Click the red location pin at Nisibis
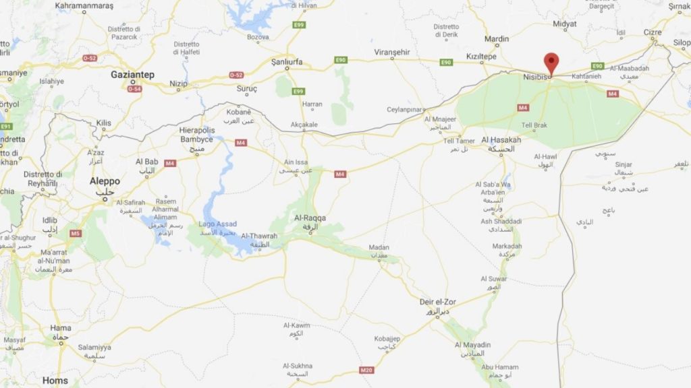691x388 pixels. pyautogui.click(x=551, y=62)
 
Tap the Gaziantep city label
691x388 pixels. pyautogui.click(x=133, y=74)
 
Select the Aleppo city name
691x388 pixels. pyautogui.click(x=105, y=181)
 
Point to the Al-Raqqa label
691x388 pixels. pyautogui.click(x=310, y=219)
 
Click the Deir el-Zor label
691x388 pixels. pyautogui.click(x=437, y=302)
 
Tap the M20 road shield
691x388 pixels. pyautogui.click(x=367, y=370)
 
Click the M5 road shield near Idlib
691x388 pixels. pyautogui.click(x=75, y=234)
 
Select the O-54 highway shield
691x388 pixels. pyautogui.click(x=134, y=89)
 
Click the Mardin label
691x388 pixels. pyautogui.click(x=497, y=39)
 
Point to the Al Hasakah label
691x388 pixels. pyautogui.click(x=501, y=140)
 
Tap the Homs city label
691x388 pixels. pyautogui.click(x=55, y=381)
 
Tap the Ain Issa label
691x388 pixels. pyautogui.click(x=296, y=162)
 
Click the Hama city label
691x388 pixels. pyautogui.click(x=61, y=328)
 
